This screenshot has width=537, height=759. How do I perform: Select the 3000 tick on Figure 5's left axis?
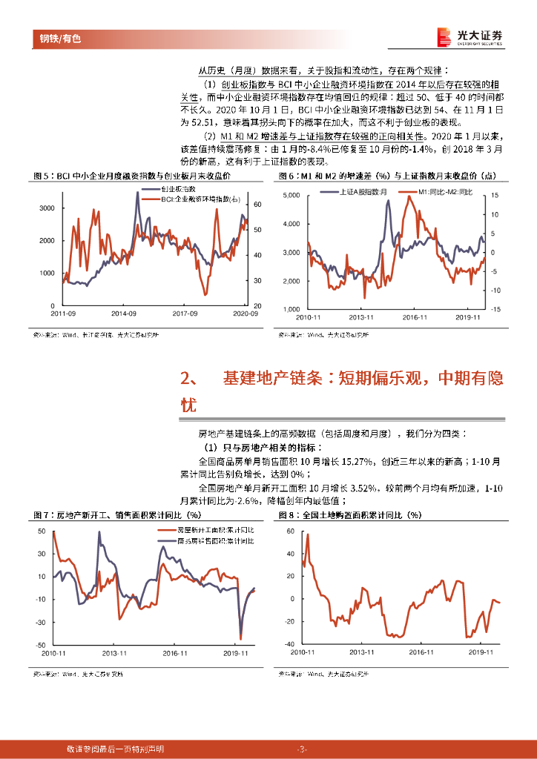[x=46, y=209]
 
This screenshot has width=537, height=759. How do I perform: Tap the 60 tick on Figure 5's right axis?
[x=257, y=204]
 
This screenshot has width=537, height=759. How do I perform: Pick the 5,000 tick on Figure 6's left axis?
[x=290, y=195]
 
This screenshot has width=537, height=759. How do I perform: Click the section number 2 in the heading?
[x=186, y=379]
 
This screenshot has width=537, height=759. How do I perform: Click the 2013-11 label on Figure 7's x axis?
[x=115, y=653]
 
